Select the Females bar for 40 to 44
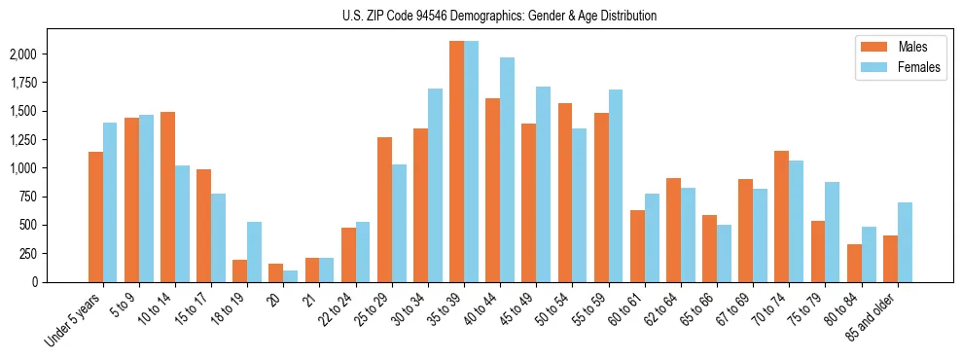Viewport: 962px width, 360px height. coord(507,170)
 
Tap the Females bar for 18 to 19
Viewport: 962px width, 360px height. coord(254,252)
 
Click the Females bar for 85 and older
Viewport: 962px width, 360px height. coord(905,242)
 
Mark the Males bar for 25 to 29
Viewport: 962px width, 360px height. coord(384,209)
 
